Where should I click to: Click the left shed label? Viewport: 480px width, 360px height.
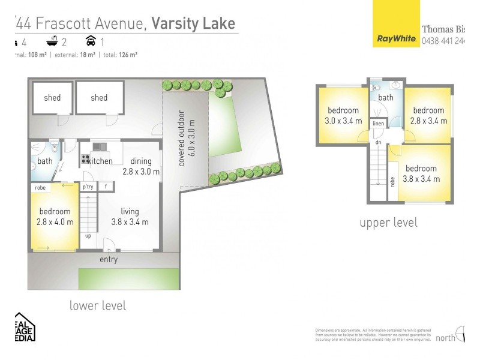click(52, 98)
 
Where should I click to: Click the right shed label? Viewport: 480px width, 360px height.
click(99, 98)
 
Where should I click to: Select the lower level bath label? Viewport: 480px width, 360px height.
click(45, 161)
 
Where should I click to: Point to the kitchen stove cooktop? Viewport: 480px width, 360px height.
click(85, 160)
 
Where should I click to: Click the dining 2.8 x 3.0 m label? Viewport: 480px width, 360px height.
click(141, 166)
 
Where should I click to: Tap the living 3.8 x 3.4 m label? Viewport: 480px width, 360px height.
click(129, 217)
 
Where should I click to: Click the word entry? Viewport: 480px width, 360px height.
click(109, 260)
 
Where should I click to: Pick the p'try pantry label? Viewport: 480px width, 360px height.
click(88, 187)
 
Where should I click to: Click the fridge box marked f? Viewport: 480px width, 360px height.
click(106, 187)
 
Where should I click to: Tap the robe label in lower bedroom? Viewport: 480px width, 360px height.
click(40, 188)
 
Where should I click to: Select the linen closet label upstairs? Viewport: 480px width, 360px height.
click(378, 124)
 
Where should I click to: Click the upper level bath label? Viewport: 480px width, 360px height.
click(386, 98)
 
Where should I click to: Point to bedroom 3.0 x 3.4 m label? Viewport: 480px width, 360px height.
click(343, 116)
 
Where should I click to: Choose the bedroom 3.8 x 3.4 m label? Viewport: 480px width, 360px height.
click(420, 174)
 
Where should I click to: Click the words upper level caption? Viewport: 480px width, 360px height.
click(388, 223)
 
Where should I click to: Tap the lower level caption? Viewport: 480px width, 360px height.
click(98, 305)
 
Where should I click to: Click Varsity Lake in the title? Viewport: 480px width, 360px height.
click(194, 23)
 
